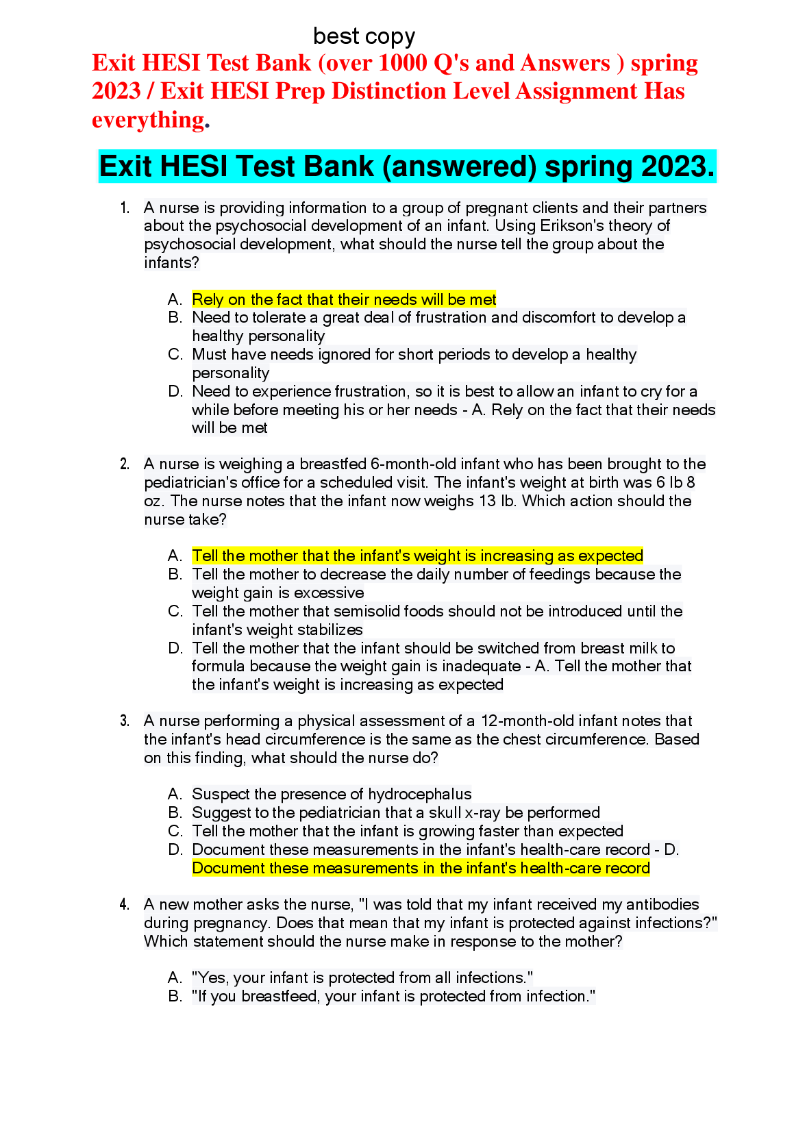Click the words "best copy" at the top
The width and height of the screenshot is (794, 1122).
tap(364, 36)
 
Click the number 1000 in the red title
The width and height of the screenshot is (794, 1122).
tap(403, 63)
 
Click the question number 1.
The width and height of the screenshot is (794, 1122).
tap(125, 208)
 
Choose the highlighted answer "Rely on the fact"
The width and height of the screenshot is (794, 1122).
tap(344, 299)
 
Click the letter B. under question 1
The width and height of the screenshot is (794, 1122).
tap(175, 318)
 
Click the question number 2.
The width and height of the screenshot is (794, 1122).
tap(125, 464)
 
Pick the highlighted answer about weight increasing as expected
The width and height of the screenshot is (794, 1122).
tap(417, 556)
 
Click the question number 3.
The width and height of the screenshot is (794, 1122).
tap(125, 721)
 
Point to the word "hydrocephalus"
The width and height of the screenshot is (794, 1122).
tap(419, 795)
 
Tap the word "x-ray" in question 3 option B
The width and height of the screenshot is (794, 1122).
tap(482, 813)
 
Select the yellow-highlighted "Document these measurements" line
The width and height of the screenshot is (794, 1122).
tap(421, 869)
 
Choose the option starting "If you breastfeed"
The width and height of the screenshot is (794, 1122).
tap(393, 997)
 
